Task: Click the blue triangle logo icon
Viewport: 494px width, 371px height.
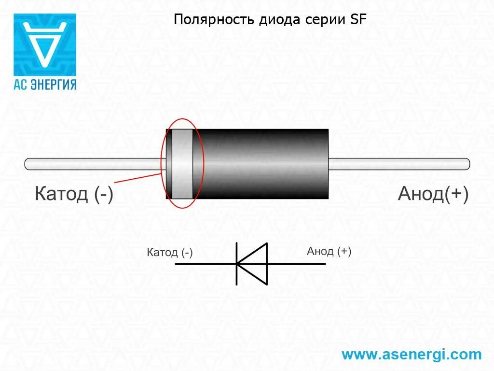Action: (x=45, y=44)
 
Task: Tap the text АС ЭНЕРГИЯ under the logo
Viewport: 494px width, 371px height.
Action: (x=45, y=84)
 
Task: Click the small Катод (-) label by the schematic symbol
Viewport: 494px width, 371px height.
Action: (x=170, y=253)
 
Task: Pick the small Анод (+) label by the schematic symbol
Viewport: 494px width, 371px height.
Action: (x=329, y=251)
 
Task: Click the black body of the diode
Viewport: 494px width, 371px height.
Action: (x=263, y=164)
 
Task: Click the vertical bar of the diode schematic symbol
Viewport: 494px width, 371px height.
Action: (x=236, y=264)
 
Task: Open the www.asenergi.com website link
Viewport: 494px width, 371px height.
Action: (x=412, y=355)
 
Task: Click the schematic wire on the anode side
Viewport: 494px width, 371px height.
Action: (x=297, y=264)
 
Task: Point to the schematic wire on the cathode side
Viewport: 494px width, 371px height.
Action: (x=205, y=264)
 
